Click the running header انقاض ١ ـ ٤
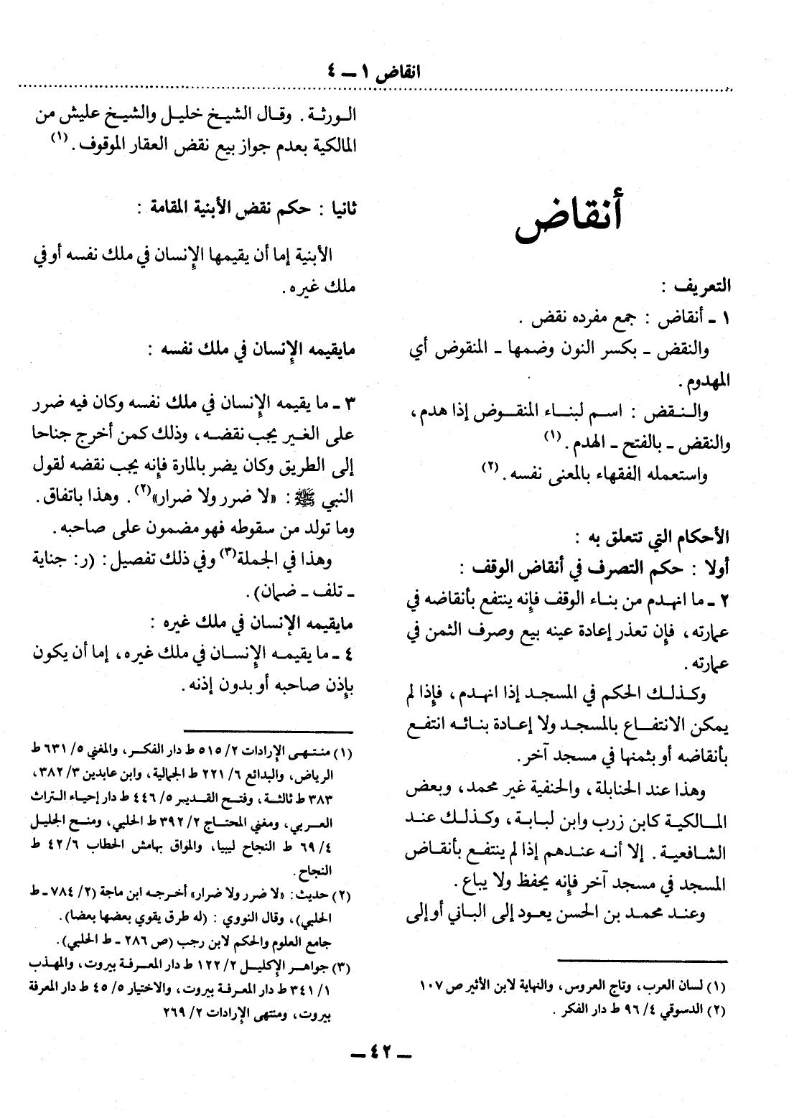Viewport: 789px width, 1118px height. click(370, 73)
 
